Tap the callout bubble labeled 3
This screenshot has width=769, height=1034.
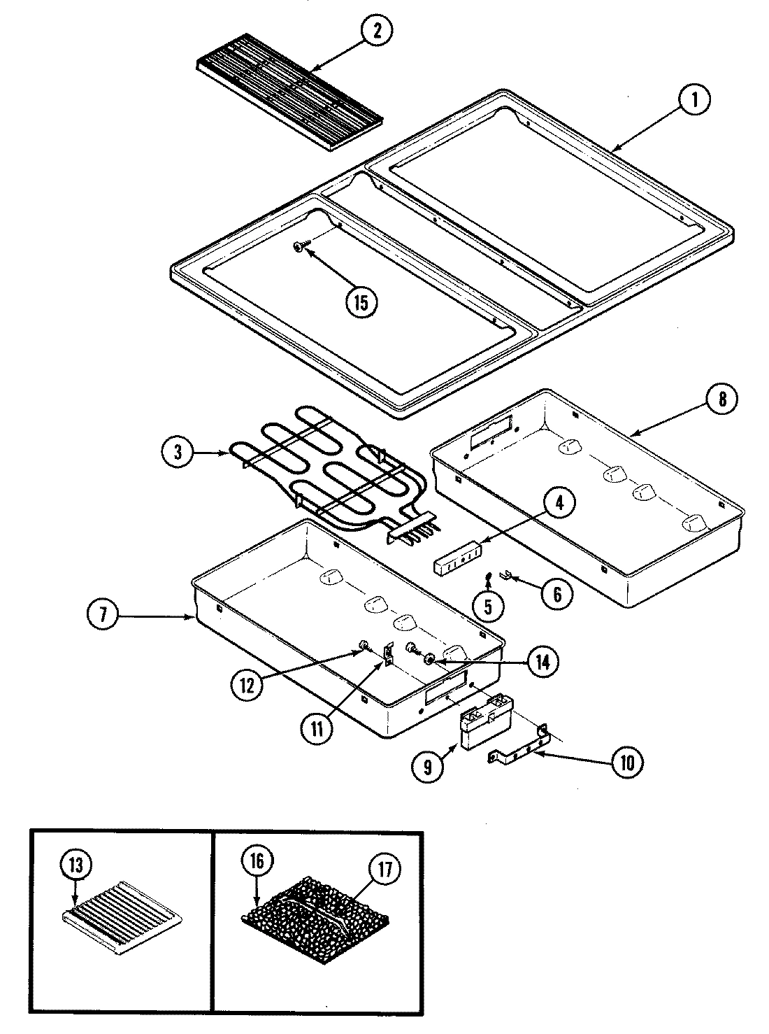click(x=178, y=452)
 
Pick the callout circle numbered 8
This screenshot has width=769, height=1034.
click(x=721, y=399)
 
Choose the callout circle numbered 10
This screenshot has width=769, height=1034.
click(x=626, y=763)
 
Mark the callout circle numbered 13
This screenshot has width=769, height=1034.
click(x=76, y=865)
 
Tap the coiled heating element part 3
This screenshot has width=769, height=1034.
click(x=329, y=476)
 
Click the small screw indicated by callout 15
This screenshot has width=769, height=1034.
click(x=300, y=246)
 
